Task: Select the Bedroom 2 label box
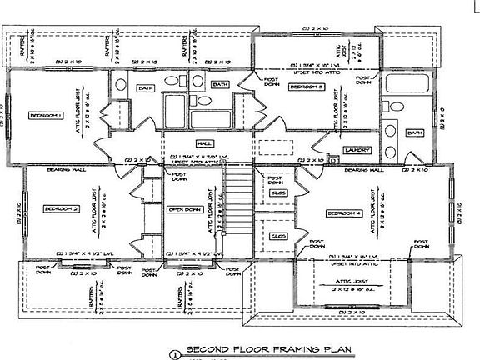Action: coord(62,208)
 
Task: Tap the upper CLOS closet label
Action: coord(279,193)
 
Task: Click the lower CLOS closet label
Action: coord(279,234)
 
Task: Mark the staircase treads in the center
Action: coord(238,209)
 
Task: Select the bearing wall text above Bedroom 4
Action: coord(363,169)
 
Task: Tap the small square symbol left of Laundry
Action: coord(332,158)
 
